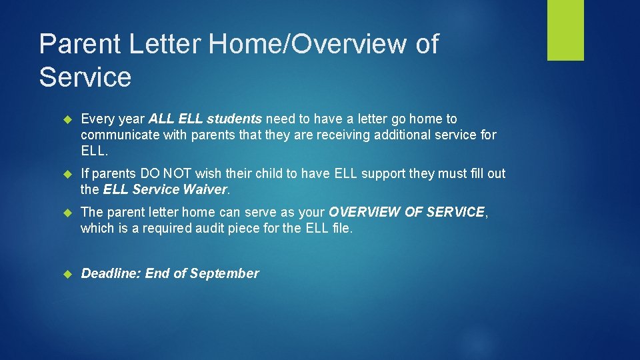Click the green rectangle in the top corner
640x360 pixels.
565,30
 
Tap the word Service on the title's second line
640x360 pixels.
85,77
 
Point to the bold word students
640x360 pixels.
234,119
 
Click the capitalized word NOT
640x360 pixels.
178,173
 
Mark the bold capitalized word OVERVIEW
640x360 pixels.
367,212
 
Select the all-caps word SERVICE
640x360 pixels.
455,212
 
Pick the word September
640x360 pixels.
225,273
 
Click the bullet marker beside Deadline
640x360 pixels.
67,273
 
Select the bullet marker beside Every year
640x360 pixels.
67,119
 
